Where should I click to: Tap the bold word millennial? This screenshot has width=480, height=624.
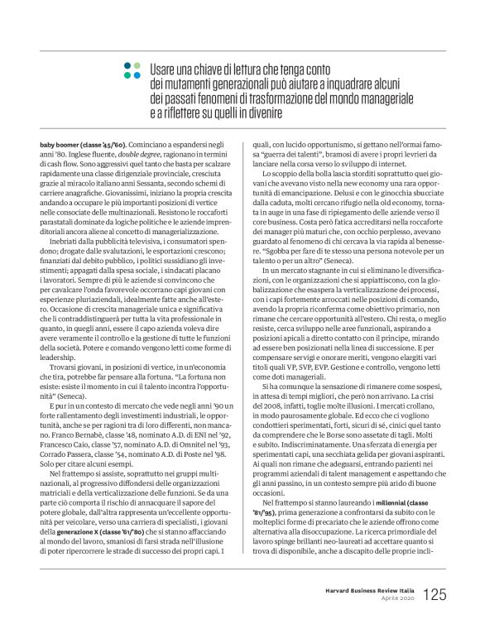(375, 479)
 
